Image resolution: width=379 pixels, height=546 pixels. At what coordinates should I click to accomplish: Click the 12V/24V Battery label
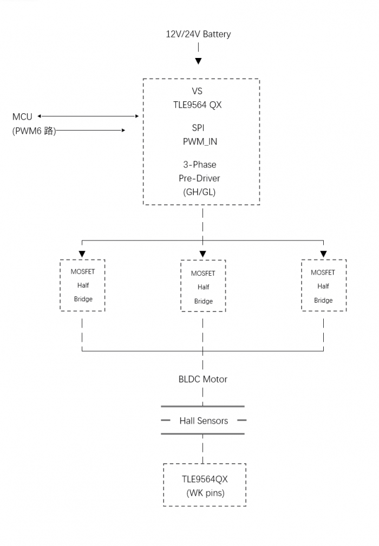(198, 34)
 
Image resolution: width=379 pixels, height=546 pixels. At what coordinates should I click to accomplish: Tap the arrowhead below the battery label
(199, 61)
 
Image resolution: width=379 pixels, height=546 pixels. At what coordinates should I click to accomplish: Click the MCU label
(22, 116)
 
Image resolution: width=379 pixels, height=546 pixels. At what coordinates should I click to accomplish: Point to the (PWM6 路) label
(34, 131)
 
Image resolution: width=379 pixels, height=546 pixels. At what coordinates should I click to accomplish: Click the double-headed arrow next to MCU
(88, 116)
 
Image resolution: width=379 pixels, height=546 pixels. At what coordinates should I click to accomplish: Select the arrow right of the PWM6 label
(92, 130)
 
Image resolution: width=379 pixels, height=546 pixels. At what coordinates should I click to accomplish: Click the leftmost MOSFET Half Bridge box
(82, 285)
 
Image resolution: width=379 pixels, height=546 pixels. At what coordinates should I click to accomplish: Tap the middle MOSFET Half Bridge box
(203, 286)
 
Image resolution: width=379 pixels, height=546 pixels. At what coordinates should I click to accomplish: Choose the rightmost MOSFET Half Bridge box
(323, 285)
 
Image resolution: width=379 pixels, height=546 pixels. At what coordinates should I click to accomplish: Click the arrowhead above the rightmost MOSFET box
(323, 254)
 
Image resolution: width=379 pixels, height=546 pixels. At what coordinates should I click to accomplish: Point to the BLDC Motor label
(203, 379)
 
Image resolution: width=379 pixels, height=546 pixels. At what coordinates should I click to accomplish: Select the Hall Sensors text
(204, 420)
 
